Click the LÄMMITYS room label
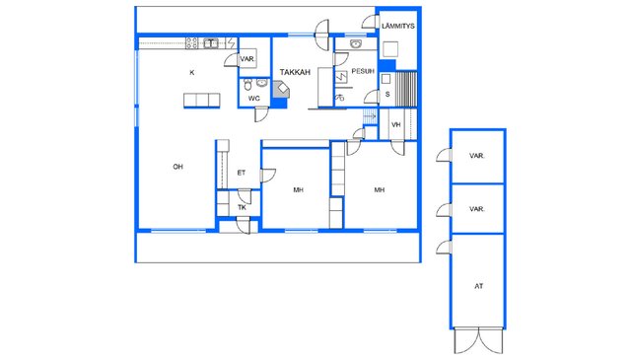(x=398, y=27)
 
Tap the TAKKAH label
(x=295, y=72)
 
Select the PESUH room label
(x=363, y=71)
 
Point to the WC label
(x=254, y=99)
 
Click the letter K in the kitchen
(x=192, y=72)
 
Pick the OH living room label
(x=177, y=167)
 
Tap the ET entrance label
(x=241, y=173)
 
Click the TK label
(x=242, y=208)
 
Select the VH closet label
(x=396, y=125)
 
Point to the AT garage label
(x=478, y=286)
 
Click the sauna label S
(x=387, y=95)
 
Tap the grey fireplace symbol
(x=281, y=89)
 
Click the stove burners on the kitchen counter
(x=192, y=43)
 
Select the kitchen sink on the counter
(x=210, y=43)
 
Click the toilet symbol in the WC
(x=247, y=85)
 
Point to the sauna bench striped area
(x=406, y=89)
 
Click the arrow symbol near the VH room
(x=370, y=116)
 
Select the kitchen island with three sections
(x=201, y=101)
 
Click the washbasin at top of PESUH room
(x=355, y=43)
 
